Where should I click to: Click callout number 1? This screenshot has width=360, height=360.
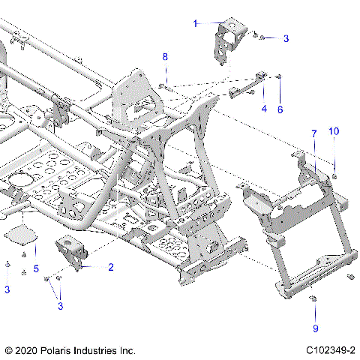click(x=196, y=24)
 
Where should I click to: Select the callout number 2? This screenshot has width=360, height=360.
click(x=111, y=267)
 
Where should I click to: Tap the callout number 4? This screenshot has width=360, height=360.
click(x=263, y=109)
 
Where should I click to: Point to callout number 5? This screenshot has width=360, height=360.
click(x=35, y=268)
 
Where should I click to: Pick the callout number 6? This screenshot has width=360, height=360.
click(x=280, y=109)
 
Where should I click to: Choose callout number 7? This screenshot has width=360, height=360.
click(x=314, y=133)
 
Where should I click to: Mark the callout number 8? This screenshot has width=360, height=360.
click(x=166, y=56)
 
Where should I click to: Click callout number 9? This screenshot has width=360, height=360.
click(x=316, y=328)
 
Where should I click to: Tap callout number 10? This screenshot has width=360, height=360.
click(x=334, y=131)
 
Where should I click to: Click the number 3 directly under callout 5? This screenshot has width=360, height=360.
click(x=7, y=289)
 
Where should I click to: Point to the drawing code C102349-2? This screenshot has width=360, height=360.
click(x=330, y=350)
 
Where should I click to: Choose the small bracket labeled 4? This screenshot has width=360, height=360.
click(x=247, y=84)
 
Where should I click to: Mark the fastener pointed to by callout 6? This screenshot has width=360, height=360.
click(x=280, y=76)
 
